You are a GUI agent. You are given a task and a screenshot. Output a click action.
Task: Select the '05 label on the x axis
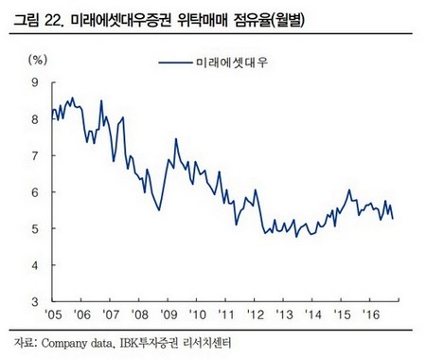pyautogui.click(x=53, y=316)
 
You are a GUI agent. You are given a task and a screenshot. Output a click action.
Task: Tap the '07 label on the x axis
pyautogui.click(x=111, y=316)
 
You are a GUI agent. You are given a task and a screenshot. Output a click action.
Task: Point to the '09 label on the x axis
pyautogui.click(x=169, y=316)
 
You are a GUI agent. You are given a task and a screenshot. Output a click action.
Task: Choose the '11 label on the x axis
pyautogui.click(x=227, y=316)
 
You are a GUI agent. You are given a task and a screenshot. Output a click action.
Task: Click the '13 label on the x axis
pyautogui.click(x=285, y=316)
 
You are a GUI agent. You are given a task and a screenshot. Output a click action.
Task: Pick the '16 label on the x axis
pyautogui.click(x=372, y=316)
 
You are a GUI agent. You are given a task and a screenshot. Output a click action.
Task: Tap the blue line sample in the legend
pyautogui.click(x=176, y=63)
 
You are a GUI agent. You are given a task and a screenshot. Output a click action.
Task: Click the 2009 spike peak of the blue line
pyautogui.click(x=176, y=140)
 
